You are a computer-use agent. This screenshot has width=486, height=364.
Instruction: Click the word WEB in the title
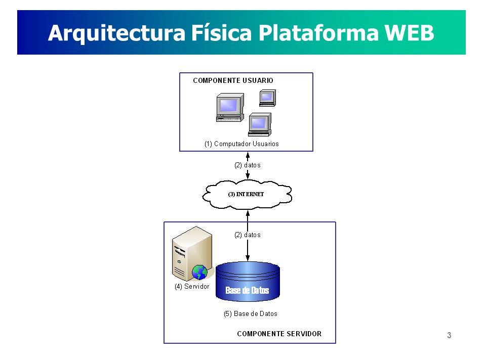pos(409,32)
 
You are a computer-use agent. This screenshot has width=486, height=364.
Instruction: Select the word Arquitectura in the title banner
pos(117,33)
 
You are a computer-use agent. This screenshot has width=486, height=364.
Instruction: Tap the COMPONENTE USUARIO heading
pos(233,80)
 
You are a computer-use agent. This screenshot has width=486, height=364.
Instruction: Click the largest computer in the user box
pos(230,107)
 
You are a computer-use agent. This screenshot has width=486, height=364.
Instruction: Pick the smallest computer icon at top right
pos(267,98)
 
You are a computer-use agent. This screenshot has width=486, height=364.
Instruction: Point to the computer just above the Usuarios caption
pos(260,124)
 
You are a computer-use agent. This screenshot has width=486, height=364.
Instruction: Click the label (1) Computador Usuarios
pos(241,144)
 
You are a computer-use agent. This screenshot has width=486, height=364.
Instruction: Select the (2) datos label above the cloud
pos(248,165)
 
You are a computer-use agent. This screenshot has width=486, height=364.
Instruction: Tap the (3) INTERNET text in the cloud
pos(246,194)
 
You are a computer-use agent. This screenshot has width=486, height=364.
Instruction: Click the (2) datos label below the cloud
pos(248,235)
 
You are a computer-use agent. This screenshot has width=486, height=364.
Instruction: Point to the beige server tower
pos(192,253)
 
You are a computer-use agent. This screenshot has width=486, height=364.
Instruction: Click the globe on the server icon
pos(199,272)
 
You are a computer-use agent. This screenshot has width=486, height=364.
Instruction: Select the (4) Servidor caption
pos(192,287)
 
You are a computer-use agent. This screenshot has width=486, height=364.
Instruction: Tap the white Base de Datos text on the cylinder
pos(247,290)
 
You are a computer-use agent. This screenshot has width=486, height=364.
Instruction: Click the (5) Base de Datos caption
pos(251,314)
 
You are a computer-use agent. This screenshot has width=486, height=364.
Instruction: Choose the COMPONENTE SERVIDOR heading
pos(279,334)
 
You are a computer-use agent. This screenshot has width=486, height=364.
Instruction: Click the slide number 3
pos(449,335)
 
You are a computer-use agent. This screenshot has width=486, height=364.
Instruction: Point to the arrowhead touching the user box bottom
pos(248,155)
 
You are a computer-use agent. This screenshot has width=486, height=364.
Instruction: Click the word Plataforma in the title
pos(318,32)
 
